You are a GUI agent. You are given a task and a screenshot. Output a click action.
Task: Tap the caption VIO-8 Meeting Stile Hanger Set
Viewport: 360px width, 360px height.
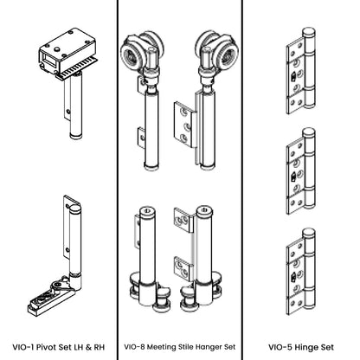180,345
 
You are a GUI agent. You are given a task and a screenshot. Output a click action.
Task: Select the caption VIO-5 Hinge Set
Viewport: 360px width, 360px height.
300,345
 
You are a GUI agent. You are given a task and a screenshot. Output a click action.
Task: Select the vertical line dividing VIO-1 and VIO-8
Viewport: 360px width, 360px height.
118,173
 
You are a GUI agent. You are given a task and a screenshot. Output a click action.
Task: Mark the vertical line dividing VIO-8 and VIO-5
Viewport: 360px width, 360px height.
241,173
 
